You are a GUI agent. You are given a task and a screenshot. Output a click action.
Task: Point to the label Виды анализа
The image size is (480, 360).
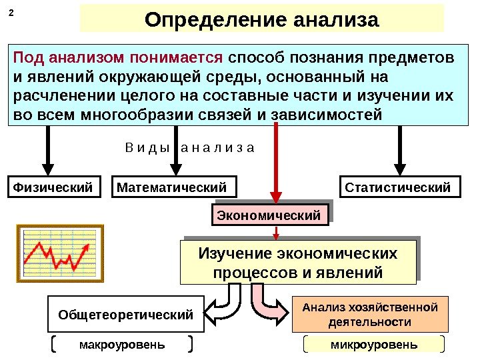click(190, 146)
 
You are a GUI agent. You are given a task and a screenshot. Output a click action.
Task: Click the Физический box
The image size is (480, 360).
click(51, 187)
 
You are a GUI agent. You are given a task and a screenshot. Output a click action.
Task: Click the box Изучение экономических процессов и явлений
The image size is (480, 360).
click(297, 263)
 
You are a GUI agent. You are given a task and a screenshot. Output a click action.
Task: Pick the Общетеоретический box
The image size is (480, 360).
click(125, 314)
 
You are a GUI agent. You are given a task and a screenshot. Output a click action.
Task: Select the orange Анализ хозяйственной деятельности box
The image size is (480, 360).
click(370, 315)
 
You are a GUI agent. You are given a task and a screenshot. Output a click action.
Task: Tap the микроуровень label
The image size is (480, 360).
click(373, 345)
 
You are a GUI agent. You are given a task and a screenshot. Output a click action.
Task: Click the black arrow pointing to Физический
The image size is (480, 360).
click(49, 150)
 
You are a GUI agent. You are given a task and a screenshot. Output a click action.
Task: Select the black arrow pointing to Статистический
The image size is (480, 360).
click(401, 150)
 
